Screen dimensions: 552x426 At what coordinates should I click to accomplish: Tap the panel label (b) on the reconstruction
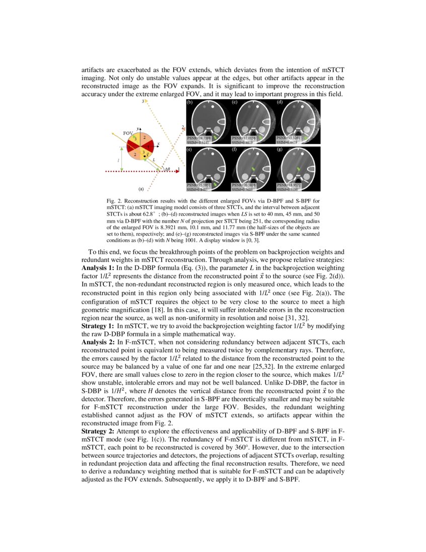tap(189, 102)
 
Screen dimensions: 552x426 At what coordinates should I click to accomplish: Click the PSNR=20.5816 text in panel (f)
tap(243, 185)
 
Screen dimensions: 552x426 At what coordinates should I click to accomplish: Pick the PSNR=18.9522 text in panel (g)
tap(289, 185)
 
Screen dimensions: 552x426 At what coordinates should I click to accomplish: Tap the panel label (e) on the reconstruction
tap(189, 150)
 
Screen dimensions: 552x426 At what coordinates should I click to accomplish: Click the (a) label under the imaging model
tap(141, 189)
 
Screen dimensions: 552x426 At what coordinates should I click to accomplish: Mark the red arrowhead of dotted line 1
tap(177, 172)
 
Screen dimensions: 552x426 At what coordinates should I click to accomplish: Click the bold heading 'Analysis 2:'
tap(98, 342)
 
